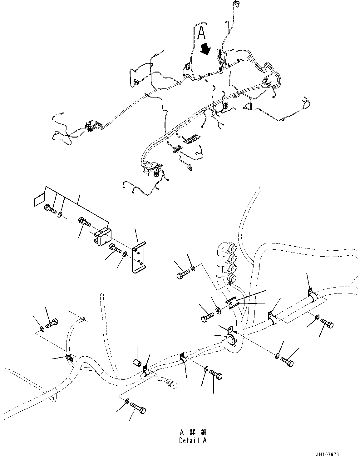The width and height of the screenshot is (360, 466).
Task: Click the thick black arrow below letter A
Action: [206, 49]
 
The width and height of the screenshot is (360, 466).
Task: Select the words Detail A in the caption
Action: [193, 440]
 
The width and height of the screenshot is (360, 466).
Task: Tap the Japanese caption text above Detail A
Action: [193, 433]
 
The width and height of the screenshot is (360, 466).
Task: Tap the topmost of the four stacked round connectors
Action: [232, 249]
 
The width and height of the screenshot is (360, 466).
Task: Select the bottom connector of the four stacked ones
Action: [231, 278]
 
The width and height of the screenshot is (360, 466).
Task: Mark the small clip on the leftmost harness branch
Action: [69, 357]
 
